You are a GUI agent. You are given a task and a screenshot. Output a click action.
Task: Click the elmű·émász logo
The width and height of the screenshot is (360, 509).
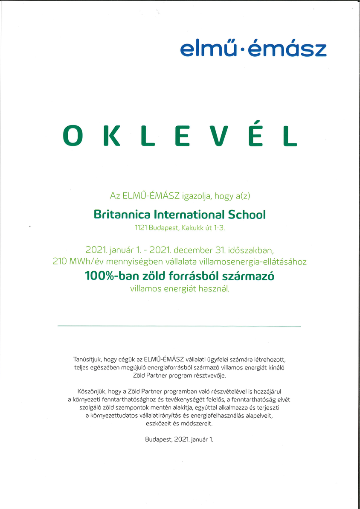coord(253,49)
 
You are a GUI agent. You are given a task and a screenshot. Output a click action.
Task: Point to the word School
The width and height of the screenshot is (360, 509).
coord(247,214)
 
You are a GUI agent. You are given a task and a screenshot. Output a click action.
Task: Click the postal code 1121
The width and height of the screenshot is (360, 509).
coord(141,228)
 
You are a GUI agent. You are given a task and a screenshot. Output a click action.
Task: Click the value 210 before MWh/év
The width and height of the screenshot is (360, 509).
coord(60,262)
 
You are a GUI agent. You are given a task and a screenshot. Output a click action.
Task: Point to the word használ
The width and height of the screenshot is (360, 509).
coord(214,289)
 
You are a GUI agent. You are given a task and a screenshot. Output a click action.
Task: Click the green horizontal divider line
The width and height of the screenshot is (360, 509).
coord(179,326)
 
